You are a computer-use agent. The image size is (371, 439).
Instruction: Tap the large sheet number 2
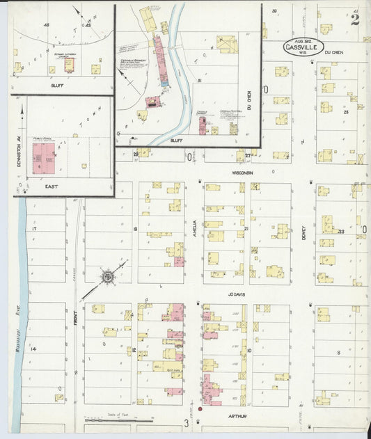355,19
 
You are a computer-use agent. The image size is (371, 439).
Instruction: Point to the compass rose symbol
108,278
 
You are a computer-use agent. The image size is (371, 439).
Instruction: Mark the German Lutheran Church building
70,65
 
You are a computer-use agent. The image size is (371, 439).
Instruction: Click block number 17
33,228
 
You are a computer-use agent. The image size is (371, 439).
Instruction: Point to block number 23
342,231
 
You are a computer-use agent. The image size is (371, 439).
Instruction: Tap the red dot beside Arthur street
200,409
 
